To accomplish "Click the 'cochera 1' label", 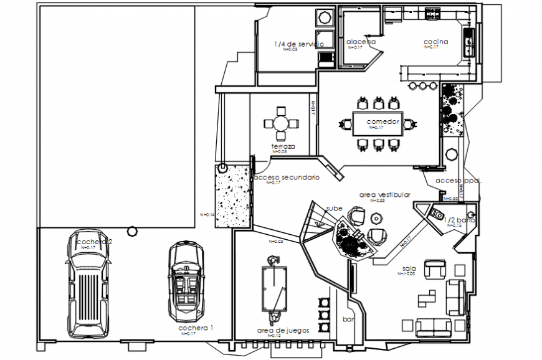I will click(196, 328).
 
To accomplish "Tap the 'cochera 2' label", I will click(93, 242).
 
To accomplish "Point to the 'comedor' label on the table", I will click(382, 121).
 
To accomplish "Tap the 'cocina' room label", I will click(436, 42).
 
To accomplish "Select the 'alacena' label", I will click(361, 42).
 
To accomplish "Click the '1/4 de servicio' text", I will click(298, 44).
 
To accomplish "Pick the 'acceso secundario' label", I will click(287, 178).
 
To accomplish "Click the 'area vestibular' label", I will click(384, 195).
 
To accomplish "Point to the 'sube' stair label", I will click(334, 209).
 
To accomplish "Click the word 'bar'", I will click(348, 318).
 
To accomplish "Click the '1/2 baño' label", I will click(459, 220).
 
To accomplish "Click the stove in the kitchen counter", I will click(432, 12).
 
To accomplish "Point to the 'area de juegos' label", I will click(283, 330).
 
